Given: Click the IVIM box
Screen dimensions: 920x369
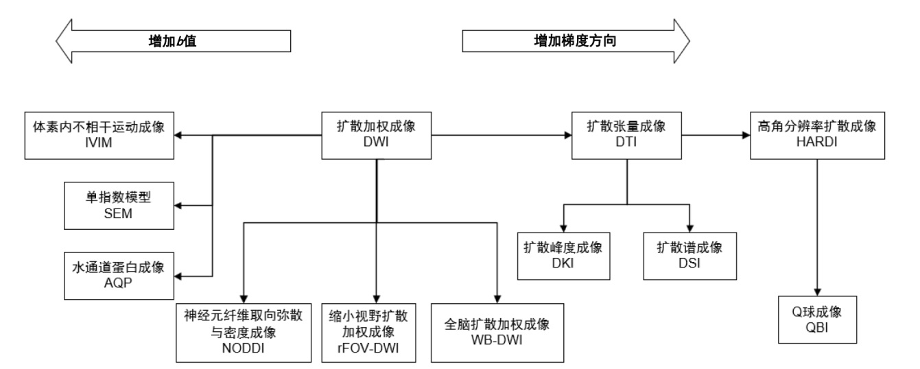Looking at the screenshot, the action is [x=99, y=135].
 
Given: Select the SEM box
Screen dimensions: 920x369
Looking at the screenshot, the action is [x=119, y=206].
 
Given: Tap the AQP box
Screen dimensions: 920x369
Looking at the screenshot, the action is [x=119, y=276].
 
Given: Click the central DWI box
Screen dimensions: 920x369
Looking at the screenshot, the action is [x=376, y=135].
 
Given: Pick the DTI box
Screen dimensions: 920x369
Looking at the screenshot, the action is [x=627, y=135].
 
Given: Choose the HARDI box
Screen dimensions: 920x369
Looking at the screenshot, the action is [x=817, y=135].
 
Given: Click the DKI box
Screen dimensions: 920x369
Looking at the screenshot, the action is [x=563, y=256].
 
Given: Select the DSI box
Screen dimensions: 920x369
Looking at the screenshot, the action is [x=690, y=256].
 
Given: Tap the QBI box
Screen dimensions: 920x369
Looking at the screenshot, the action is [x=817, y=320].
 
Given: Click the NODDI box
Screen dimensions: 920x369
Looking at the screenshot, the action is [x=244, y=333].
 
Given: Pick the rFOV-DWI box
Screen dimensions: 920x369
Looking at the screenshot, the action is [x=368, y=333].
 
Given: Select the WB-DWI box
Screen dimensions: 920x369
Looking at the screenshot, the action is [x=497, y=333].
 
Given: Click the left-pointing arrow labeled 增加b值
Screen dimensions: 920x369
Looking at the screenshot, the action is [x=173, y=41].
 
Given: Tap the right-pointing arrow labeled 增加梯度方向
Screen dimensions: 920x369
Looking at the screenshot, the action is [x=576, y=41].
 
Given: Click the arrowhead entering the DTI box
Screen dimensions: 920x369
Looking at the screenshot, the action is [x=569, y=135].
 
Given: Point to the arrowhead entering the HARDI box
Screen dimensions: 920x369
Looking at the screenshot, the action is [x=746, y=135].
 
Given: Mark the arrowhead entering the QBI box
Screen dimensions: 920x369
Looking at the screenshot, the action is [x=817, y=292].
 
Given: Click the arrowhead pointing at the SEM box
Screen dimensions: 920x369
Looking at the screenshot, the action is [x=178, y=206].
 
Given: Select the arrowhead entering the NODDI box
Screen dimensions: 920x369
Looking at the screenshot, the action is [x=244, y=300].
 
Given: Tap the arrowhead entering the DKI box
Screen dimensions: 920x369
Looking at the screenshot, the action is [x=563, y=228].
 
